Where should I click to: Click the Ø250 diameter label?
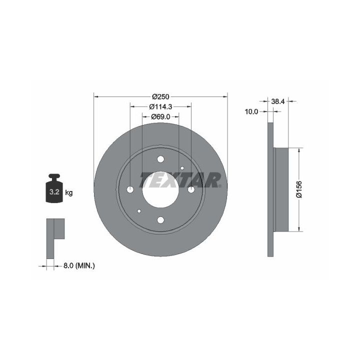160,96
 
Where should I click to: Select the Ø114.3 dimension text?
160,107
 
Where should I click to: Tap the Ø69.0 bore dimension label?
160,117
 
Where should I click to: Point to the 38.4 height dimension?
278,101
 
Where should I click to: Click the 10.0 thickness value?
251,111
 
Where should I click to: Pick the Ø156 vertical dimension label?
299,189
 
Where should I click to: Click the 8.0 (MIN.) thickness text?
79,266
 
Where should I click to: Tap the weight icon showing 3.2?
54,188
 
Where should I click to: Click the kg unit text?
69,192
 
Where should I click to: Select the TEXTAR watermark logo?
180,180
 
